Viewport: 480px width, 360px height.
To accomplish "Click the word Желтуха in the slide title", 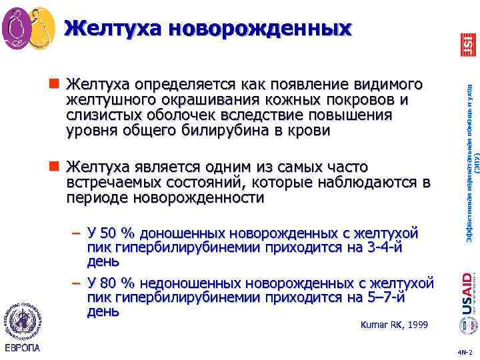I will click(x=113, y=28).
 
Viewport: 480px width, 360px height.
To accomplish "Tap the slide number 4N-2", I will click(x=465, y=351).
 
